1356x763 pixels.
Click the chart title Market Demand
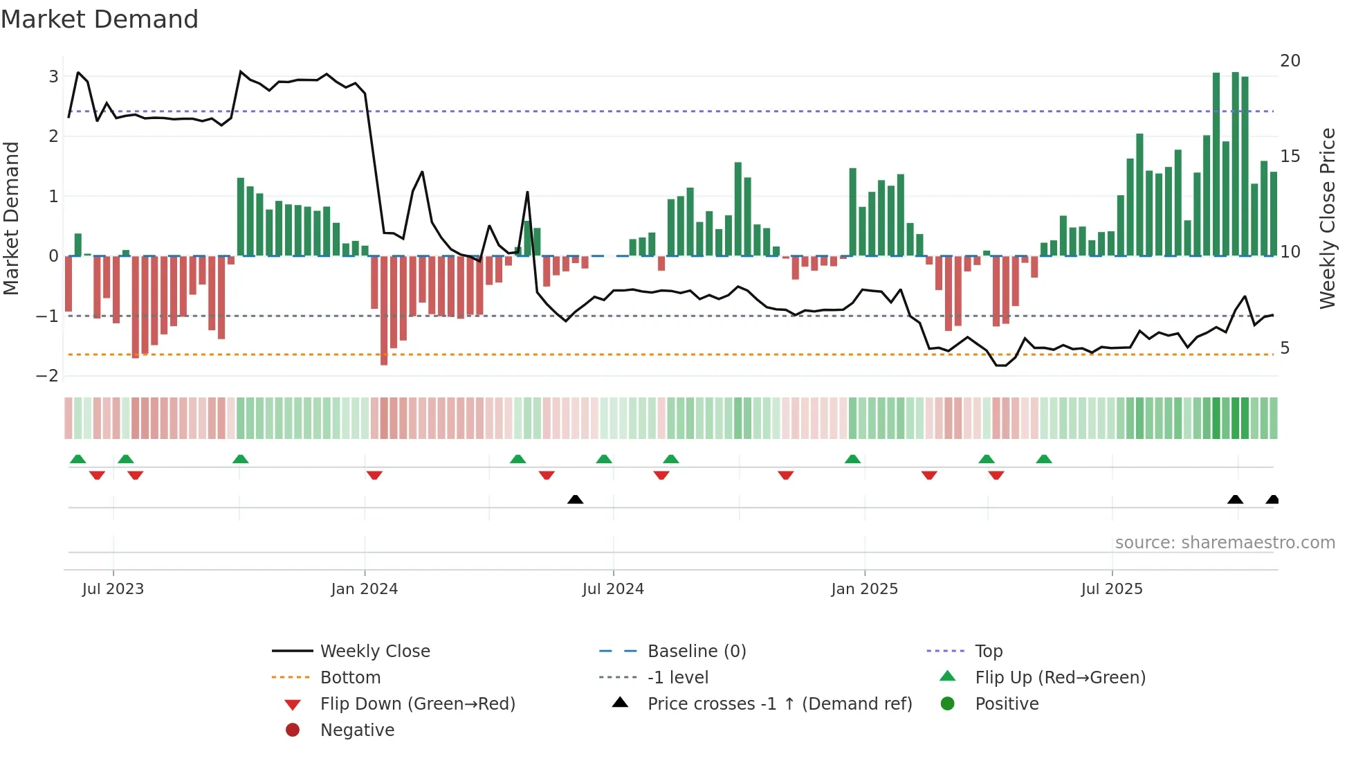coord(100,19)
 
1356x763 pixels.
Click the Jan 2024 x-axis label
coord(364,589)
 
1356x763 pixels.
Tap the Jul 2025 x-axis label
coord(1111,589)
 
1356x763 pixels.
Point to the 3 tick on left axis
coord(53,76)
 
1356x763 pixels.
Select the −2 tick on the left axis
coord(48,376)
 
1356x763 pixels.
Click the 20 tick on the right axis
coord(1290,61)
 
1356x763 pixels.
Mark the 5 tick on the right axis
coord(1285,348)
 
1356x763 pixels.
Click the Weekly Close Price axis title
coord(1327,218)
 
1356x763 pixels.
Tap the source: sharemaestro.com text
coord(1225,542)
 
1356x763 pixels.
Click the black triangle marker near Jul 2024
coord(575,499)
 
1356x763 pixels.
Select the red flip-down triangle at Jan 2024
coord(374,475)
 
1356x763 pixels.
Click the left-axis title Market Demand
coord(11,218)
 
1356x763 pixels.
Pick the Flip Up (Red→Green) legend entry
coord(1060,677)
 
